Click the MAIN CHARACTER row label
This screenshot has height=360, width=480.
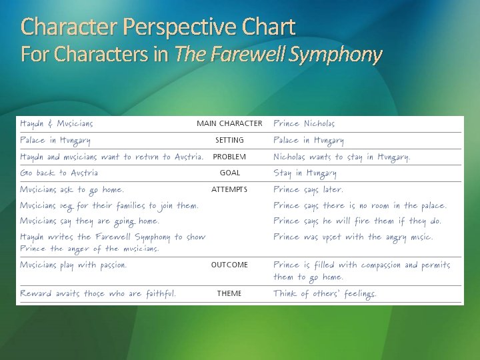coord(229,123)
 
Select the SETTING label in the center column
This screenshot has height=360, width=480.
coord(229,140)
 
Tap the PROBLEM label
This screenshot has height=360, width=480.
coord(229,157)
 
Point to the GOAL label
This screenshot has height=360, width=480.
coord(229,173)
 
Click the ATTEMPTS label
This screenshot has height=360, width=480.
coord(229,189)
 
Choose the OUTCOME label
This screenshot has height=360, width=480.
coord(229,265)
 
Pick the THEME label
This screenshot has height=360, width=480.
coord(229,293)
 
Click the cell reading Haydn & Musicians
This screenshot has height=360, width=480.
coord(57,123)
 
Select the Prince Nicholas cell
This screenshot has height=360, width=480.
coord(304,123)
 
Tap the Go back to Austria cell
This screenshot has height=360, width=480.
coord(59,173)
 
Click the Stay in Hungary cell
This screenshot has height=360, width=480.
coord(305,173)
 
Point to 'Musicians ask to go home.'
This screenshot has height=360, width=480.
coord(72,189)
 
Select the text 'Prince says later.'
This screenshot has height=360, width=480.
coord(308,189)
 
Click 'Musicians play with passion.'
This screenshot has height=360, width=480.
coord(73,265)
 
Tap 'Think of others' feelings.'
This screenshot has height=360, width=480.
coord(325,293)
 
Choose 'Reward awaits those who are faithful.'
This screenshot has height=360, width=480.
coord(98,293)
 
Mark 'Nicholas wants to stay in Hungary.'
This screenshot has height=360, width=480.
coord(341,157)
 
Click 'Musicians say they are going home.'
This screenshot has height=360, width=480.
coord(89,221)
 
